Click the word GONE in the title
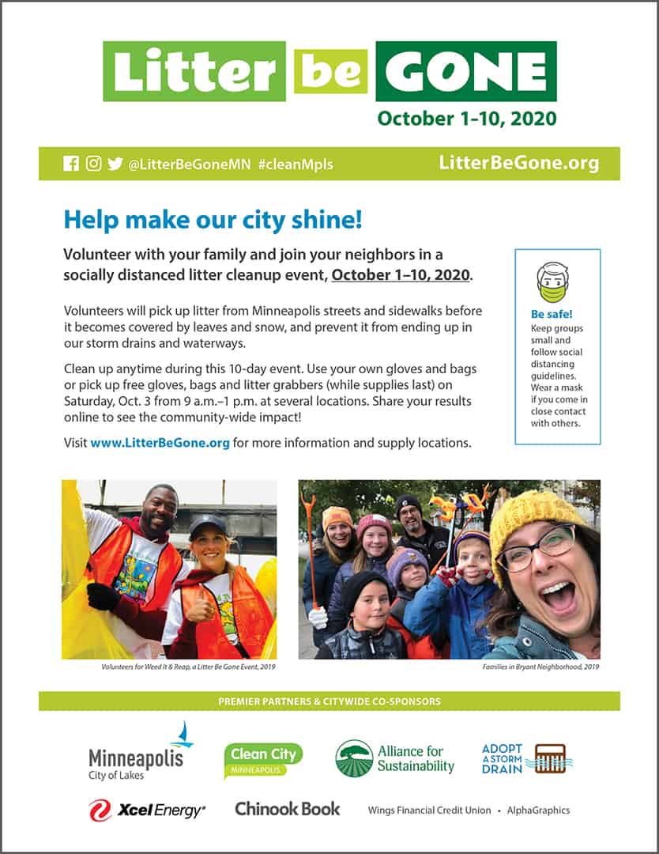pyautogui.click(x=466, y=71)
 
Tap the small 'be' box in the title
pyautogui.click(x=330, y=71)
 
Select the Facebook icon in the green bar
pyautogui.click(x=70, y=164)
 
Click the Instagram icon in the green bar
pyautogui.click(x=93, y=164)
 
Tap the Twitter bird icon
pyautogui.click(x=115, y=164)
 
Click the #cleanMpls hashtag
pyautogui.click(x=296, y=164)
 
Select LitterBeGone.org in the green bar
pyautogui.click(x=518, y=164)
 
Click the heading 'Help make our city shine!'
pyautogui.click(x=213, y=220)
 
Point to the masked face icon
pyautogui.click(x=552, y=282)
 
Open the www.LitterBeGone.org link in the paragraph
pyautogui.click(x=160, y=443)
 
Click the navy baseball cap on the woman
pyautogui.click(x=207, y=526)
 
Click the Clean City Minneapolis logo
pyautogui.click(x=262, y=759)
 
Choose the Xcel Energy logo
pyautogui.click(x=146, y=810)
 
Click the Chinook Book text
pyautogui.click(x=287, y=809)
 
